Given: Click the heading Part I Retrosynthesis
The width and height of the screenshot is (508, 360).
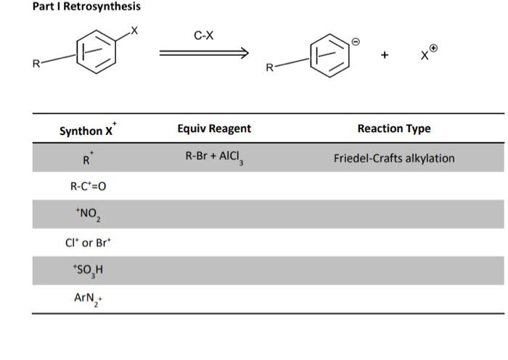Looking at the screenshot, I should (x=76, y=7).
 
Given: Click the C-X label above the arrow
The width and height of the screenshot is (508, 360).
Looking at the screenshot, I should (x=204, y=34).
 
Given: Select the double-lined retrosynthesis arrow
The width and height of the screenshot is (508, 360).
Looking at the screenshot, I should (x=204, y=52).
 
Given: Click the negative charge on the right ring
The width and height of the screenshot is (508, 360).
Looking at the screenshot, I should (x=356, y=41).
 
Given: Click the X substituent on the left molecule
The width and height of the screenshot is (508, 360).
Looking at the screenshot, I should (x=134, y=30).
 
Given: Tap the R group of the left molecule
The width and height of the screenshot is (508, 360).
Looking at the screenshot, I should (x=36, y=64).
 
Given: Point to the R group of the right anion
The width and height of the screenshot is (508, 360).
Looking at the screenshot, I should (x=270, y=67).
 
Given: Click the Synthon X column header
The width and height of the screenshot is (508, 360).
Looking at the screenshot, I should (x=88, y=130).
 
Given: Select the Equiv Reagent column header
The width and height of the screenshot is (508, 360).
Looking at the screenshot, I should (x=214, y=128).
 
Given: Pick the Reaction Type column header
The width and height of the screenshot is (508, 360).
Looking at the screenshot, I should (x=393, y=128).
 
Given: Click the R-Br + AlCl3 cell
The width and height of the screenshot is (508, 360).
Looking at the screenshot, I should (x=214, y=157).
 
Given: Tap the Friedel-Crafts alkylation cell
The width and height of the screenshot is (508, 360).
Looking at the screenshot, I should (x=393, y=157).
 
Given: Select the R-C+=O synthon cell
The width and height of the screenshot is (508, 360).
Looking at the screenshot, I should (x=88, y=186).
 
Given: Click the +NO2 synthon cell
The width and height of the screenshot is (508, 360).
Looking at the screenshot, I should (x=88, y=214).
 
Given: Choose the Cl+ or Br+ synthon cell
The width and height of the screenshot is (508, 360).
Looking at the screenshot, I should (x=88, y=242).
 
